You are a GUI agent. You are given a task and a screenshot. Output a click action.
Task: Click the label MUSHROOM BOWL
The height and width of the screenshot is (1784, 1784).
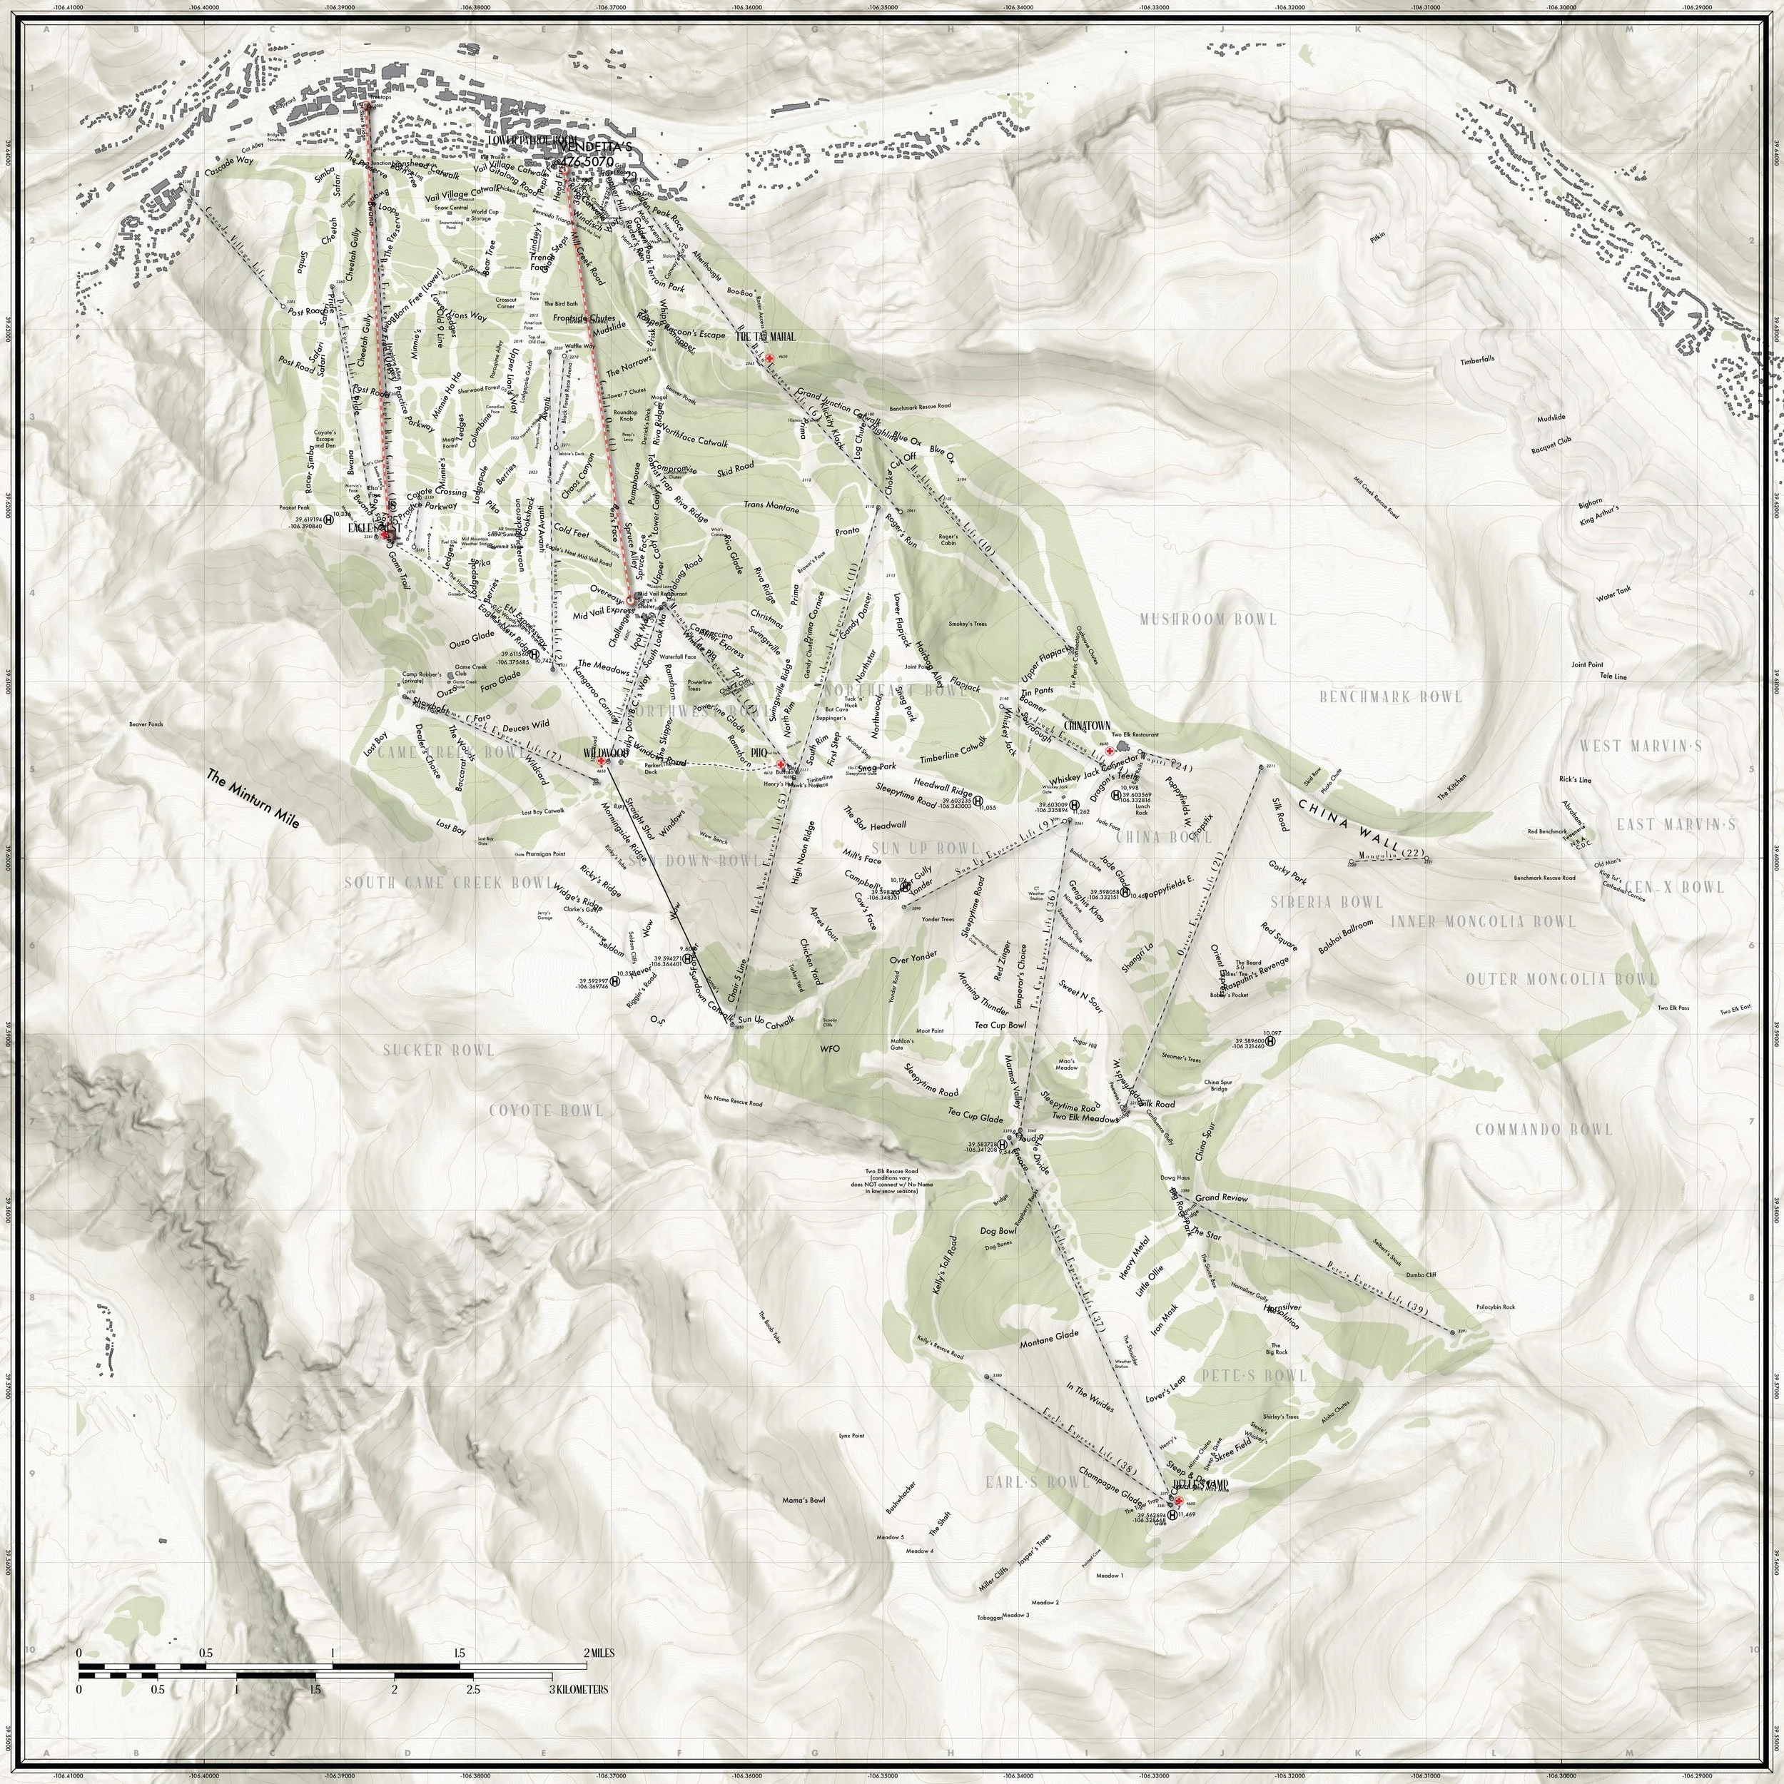click(1208, 619)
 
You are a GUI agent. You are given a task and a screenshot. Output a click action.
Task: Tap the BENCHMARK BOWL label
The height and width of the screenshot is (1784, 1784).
click(1391, 696)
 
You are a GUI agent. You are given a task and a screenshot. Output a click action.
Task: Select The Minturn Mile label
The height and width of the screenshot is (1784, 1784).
click(253, 800)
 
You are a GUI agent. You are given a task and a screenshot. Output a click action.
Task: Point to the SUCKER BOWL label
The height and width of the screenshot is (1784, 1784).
click(440, 1050)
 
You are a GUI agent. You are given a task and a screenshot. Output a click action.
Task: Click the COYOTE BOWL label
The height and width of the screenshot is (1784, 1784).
click(546, 1110)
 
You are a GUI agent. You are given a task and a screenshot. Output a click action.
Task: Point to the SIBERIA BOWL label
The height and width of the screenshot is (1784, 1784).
click(1327, 901)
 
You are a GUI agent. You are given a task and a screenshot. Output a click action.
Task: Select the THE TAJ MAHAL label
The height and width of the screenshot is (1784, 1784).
click(764, 337)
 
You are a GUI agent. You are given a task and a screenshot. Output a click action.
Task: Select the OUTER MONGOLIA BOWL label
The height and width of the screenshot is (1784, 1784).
click(1561, 979)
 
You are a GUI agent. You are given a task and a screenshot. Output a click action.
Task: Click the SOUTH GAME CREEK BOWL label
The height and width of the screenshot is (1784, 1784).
click(437, 883)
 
